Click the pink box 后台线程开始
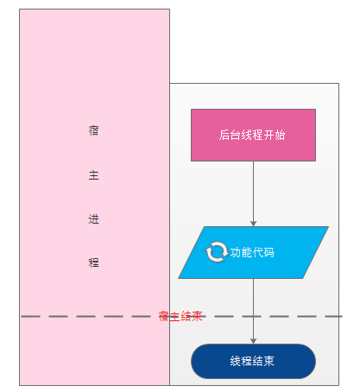pos(253,135)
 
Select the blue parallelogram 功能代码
pos(253,252)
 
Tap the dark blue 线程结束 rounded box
pos(253,361)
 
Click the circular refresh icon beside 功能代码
pos(216,252)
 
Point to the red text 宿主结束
pos(180,316)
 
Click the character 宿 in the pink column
pos(93,130)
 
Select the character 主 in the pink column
pos(93,175)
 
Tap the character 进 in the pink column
pos(93,219)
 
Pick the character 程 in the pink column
pos(93,262)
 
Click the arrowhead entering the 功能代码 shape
pos(253,224)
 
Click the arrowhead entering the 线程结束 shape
pos(253,341)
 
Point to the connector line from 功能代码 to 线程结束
pos(253,311)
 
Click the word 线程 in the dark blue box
pos(241,361)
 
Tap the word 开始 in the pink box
pos(275,135)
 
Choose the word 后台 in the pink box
pos(230,135)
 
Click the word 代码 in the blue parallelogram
pos(263,252)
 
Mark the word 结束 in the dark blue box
pos(263,361)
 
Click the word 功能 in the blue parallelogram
pos(242,252)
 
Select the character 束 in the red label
pos(198,316)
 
